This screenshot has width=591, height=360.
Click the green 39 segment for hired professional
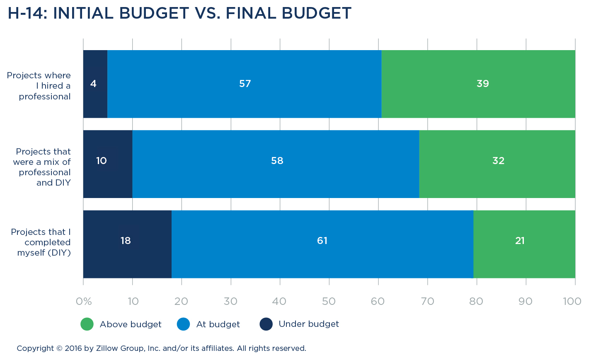coord(478,84)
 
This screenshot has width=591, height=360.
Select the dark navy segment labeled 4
coord(95,84)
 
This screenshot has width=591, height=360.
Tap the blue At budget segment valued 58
coord(276,164)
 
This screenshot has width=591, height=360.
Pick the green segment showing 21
coord(524,244)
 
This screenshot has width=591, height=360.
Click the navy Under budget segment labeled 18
coord(127,244)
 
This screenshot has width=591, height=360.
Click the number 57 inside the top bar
coord(245,84)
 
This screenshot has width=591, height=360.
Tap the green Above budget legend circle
coord(87,324)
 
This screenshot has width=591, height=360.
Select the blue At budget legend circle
coord(183,324)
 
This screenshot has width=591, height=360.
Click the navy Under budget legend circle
coord(266,324)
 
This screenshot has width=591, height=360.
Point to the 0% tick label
coord(84,301)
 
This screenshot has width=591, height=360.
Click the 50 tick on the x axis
coord(329,301)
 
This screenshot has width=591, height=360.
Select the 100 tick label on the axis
coord(572,301)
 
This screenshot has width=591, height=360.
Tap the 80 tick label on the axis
coord(476,301)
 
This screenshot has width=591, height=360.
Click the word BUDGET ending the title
coord(317,13)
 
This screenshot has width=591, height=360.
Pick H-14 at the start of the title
coord(27,13)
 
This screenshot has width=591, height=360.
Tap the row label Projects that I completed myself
coord(41,242)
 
